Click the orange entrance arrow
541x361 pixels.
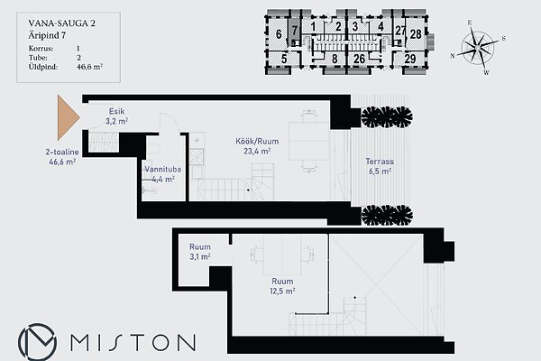[x=68, y=117]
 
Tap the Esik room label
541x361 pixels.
[x=116, y=116]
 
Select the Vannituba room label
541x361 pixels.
[x=162, y=174]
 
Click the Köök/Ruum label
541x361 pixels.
[x=257, y=146]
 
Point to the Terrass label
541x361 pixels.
[x=380, y=166]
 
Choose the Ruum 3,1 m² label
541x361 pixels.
[x=200, y=252]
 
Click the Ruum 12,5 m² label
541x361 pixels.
[x=282, y=286]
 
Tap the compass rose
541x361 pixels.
[x=478, y=47]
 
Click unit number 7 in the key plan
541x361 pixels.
[x=294, y=31]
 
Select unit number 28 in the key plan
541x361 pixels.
[x=416, y=34]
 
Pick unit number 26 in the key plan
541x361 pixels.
[x=359, y=59]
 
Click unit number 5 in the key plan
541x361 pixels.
[x=284, y=59]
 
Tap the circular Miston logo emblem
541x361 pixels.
[x=37, y=342]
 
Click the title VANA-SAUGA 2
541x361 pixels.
[x=61, y=23]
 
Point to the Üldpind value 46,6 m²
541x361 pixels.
[x=89, y=67]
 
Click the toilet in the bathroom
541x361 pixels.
[x=153, y=149]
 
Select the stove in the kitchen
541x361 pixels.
[x=197, y=156]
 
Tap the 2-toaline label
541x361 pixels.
[x=62, y=152]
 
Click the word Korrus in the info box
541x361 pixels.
[x=41, y=49]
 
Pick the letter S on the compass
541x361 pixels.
[x=503, y=38]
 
